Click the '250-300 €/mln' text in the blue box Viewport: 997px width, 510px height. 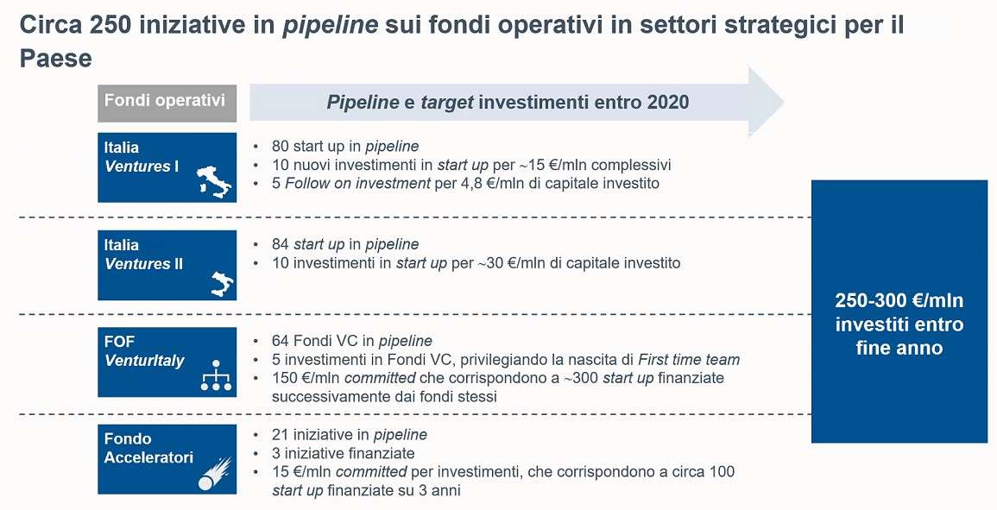point(899,301)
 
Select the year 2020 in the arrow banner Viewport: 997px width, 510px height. point(667,103)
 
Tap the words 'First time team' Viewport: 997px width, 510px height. point(689,360)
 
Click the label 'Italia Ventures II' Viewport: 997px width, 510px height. point(144,255)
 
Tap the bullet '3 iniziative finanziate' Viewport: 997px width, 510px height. point(343,454)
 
